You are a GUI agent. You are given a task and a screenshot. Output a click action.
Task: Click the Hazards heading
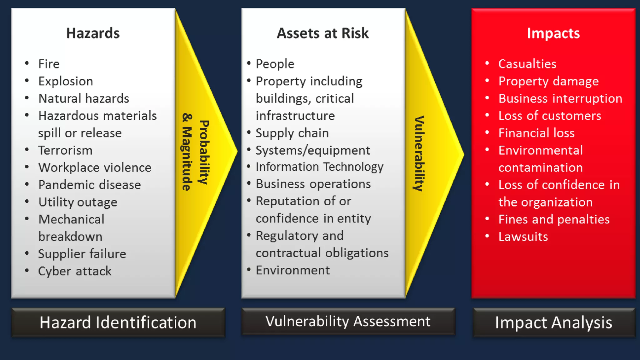coord(93,33)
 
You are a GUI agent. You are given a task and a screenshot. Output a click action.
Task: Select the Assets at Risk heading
coord(322,33)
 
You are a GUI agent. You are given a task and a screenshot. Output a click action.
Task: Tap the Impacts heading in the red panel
coord(553,33)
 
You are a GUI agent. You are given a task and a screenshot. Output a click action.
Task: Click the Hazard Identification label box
coord(118,322)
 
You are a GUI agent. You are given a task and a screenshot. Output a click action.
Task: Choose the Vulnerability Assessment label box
coord(348,321)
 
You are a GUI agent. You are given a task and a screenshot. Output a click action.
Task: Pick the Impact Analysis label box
coord(553,322)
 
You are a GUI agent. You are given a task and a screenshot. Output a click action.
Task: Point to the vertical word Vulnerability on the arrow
coord(419,153)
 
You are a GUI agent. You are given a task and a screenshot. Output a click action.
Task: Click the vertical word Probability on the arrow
coord(204,152)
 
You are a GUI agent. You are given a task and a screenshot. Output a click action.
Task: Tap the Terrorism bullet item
coord(65,150)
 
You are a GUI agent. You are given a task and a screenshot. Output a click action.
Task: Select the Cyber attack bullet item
coord(75,271)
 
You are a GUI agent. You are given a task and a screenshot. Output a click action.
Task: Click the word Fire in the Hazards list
coord(49,64)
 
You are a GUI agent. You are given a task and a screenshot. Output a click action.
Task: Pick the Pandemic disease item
coord(90,185)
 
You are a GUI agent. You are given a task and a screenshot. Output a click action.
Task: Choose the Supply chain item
coord(292,133)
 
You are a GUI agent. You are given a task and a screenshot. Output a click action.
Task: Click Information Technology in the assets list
coord(319,167)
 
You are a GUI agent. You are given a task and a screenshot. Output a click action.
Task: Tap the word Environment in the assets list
coord(292,270)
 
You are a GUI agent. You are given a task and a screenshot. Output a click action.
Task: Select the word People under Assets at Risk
coord(275,64)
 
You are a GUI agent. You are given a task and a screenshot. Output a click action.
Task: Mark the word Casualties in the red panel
coord(527,64)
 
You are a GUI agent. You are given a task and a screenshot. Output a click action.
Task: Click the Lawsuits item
coord(523,237)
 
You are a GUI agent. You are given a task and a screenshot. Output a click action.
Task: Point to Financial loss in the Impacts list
coord(536,133)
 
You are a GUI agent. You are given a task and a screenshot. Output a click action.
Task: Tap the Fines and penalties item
coord(554,219)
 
